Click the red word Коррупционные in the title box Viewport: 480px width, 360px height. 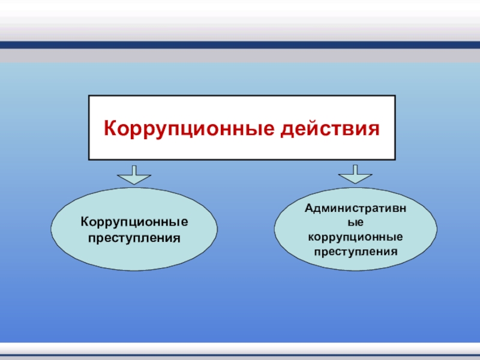189,128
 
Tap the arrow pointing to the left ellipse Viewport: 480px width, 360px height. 134,175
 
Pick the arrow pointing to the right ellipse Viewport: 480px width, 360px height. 355,174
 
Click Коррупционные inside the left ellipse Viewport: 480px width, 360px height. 134,222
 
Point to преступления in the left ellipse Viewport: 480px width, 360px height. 134,238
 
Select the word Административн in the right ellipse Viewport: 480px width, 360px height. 355,208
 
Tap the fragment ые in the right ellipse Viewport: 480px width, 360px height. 355,222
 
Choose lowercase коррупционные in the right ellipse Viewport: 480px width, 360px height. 355,237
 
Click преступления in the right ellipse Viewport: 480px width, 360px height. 355,251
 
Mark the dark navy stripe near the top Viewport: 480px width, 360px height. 240,45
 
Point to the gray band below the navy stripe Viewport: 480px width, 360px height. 240,56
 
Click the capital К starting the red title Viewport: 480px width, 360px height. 111,128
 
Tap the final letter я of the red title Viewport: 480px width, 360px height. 373,130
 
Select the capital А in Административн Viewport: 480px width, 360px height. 310,208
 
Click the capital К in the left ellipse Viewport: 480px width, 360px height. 85,221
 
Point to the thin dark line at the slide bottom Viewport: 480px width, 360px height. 240,355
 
